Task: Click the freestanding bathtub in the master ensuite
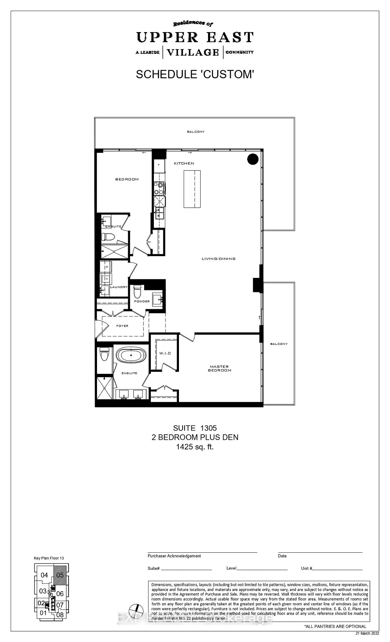[x=131, y=355]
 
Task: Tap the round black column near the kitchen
[x=253, y=159]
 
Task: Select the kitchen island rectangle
[x=192, y=189]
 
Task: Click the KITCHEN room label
[x=184, y=164]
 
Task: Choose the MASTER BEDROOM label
[x=219, y=368]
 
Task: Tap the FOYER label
[x=122, y=326]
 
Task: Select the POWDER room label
[x=142, y=301]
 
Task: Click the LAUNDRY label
[x=119, y=287]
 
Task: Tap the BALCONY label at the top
[x=195, y=132]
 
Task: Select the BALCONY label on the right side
[x=279, y=344]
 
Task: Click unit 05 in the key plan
[x=60, y=575]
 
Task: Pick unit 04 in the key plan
[x=44, y=575]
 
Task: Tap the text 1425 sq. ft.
[x=195, y=447]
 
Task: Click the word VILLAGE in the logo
[x=193, y=52]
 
